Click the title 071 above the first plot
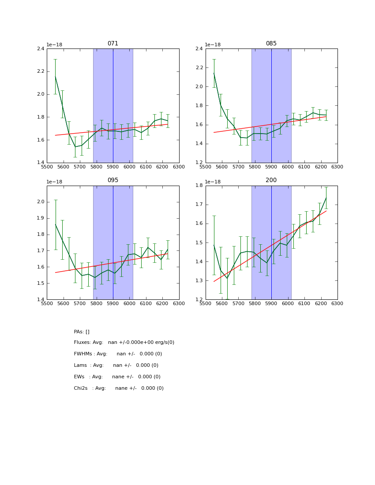point(113,44)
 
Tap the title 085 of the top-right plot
point(271,44)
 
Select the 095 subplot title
point(113,180)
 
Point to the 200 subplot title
point(271,180)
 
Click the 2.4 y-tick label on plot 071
point(40,48)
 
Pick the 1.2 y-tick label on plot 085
point(199,163)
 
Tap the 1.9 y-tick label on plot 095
point(40,218)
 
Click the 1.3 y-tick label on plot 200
point(199,281)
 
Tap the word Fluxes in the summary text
point(82,343)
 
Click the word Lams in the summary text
point(80,366)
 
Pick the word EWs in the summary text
point(79,377)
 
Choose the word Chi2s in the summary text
point(81,388)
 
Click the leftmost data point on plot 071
point(55,76)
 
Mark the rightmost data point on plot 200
point(326,198)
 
